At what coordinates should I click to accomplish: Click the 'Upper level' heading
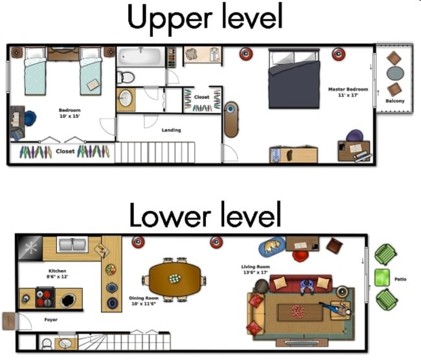[x=205, y=18]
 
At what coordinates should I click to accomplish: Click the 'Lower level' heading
[x=205, y=215]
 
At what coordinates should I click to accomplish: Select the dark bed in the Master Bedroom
[x=295, y=78]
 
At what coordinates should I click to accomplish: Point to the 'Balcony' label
[x=395, y=101]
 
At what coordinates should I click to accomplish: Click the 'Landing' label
[x=171, y=130]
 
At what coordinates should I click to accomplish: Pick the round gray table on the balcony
[x=394, y=73]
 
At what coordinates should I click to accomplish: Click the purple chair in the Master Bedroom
[x=354, y=136]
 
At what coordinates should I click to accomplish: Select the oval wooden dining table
[x=175, y=278]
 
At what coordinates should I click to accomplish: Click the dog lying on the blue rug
[x=272, y=246]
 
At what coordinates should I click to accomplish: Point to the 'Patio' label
[x=400, y=280]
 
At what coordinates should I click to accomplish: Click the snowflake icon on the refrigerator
[x=28, y=247]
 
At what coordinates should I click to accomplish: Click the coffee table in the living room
[x=299, y=311]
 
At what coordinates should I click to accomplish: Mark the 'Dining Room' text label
[x=143, y=301]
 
